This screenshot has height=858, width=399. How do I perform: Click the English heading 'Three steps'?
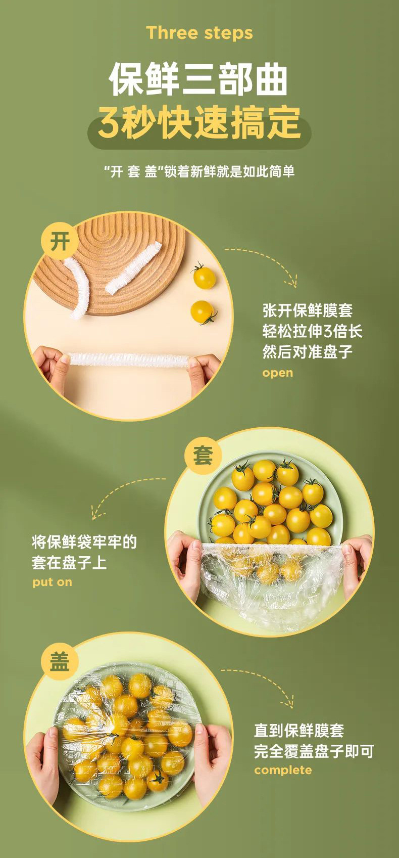(199, 33)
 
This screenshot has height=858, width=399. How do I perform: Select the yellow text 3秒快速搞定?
(199, 123)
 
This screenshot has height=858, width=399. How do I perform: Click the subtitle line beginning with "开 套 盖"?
(199, 171)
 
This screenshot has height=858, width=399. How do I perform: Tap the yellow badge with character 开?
(60, 241)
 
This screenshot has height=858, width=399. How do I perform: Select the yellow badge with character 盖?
(60, 661)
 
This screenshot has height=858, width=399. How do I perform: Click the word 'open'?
(277, 373)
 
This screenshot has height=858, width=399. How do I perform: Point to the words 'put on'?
(52, 582)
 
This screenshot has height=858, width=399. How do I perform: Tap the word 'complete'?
(283, 770)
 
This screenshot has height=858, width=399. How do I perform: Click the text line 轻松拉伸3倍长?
(312, 331)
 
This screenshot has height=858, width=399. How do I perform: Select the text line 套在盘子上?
(69, 562)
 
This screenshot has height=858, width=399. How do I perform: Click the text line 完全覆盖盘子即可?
(314, 751)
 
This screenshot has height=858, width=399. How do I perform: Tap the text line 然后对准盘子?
(307, 352)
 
